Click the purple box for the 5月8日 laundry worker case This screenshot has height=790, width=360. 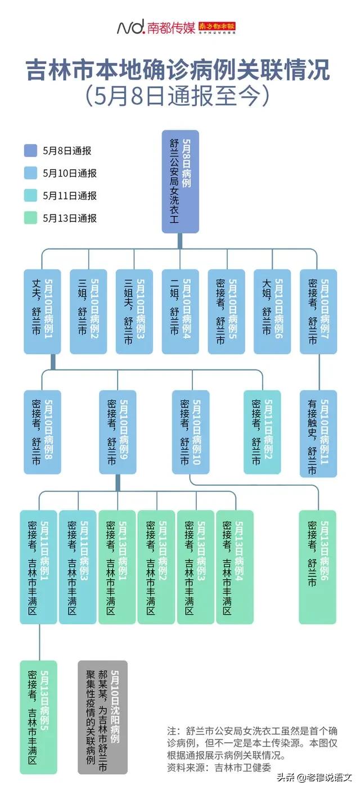[180, 182]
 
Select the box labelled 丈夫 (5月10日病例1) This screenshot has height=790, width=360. [42, 312]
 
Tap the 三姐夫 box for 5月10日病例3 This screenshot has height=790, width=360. [134, 312]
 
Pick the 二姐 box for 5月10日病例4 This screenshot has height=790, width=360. [180, 312]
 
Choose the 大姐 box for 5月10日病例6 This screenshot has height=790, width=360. [273, 312]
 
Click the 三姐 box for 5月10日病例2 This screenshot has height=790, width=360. [88, 312]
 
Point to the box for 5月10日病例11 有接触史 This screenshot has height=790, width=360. [318, 434]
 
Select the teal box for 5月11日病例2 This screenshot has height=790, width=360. [262, 432]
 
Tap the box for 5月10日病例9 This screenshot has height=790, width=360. [118, 432]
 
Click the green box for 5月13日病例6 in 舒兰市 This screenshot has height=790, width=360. [318, 567]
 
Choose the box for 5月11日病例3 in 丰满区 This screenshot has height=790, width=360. [78, 567]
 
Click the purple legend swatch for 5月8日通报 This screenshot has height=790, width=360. [31, 151]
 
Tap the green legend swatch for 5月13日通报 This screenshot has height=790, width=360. [31, 218]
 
